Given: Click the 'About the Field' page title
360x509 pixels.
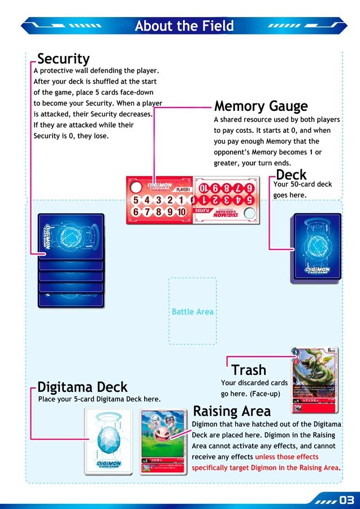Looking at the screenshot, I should tap(184, 26).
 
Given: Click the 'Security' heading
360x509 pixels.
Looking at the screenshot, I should tap(63, 59).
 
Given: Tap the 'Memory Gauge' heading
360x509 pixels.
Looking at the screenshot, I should tap(261, 106).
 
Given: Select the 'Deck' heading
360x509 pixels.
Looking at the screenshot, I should tap(291, 175).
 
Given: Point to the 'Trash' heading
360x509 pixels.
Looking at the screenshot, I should tap(249, 370).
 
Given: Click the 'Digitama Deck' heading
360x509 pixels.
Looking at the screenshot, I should tap(83, 387).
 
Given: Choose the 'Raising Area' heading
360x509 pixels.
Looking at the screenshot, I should tap(232, 411).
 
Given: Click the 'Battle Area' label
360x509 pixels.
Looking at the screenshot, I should tap(192, 312).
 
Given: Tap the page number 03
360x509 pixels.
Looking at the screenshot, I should tap(347, 500).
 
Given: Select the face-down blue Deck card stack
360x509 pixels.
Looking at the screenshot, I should tap(317, 247).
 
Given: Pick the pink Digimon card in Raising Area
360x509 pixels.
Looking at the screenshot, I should tap(162, 440).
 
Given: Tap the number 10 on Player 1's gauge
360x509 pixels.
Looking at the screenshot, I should tap(181, 212).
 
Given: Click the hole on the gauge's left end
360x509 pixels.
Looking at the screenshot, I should tap(136, 187).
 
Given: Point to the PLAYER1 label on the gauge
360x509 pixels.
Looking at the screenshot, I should tap(182, 189).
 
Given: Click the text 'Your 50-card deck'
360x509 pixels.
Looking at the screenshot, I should tap(302, 184).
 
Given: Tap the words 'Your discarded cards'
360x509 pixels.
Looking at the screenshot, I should tap(254, 383).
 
